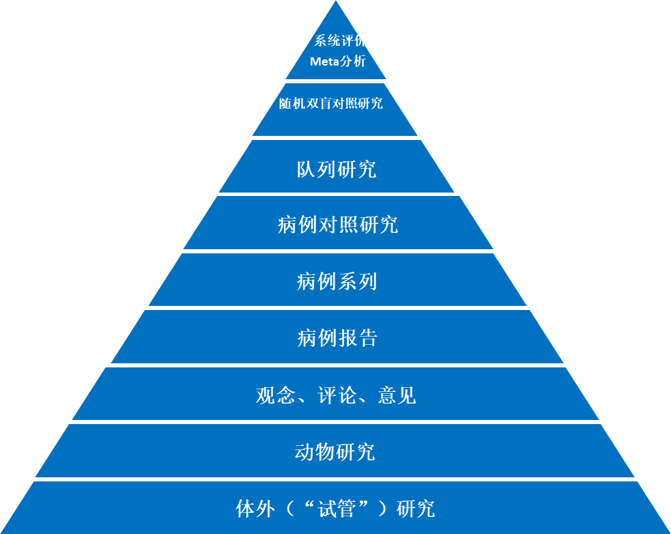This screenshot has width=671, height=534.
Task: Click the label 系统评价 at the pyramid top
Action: click(340, 40)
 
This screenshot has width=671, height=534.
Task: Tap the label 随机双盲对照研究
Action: click(331, 104)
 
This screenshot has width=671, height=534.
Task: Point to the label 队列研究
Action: click(336, 169)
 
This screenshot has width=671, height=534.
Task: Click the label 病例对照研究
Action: click(338, 225)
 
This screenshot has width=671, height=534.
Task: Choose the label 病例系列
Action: click(337, 281)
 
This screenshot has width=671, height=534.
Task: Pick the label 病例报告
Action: click(337, 338)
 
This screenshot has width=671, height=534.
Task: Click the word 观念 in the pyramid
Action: click(276, 395)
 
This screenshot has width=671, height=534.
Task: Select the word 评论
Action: click(337, 395)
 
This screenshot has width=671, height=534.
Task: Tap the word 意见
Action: click(397, 395)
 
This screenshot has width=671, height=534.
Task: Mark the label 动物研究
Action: click(334, 452)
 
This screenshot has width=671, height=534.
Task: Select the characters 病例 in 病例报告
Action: click(317, 338)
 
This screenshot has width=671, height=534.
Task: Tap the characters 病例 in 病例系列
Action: click(317, 281)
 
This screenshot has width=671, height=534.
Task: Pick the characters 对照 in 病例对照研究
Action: click(338, 225)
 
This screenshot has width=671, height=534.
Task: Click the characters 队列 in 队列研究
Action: click(316, 169)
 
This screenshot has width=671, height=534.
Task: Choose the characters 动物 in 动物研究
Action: click(315, 452)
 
